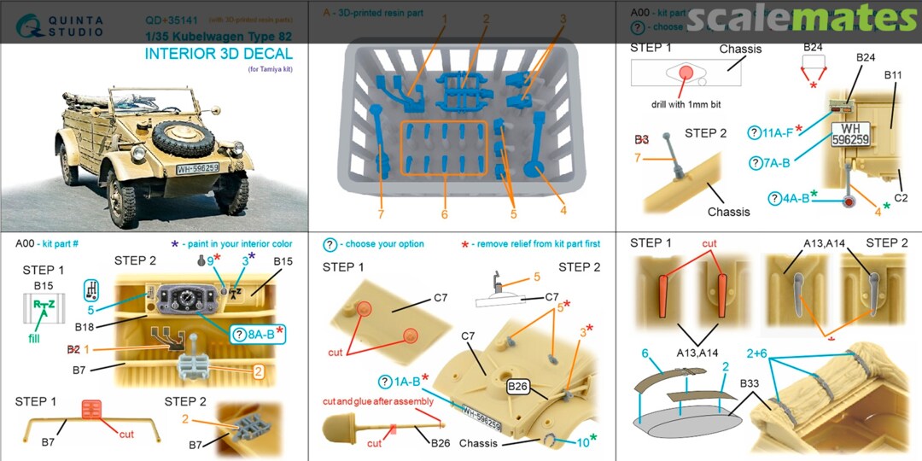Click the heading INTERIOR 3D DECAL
219,54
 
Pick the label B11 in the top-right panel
893,98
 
